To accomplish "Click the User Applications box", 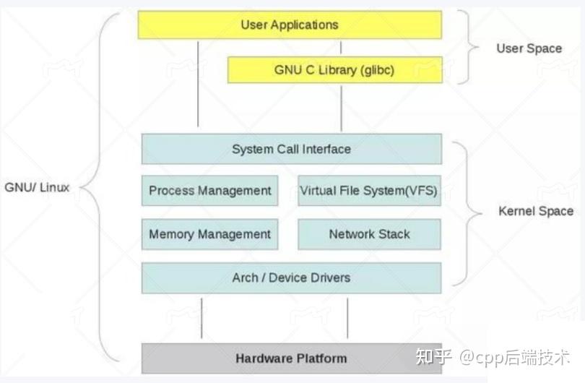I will [x=290, y=25].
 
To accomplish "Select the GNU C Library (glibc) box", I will [x=334, y=70].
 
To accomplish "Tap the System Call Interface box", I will [x=291, y=150].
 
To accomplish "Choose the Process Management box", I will [x=209, y=191].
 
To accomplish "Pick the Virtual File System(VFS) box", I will [x=368, y=191].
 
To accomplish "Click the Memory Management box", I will [x=209, y=234].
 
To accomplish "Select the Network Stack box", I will [x=368, y=234].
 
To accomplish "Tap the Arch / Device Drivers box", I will [x=291, y=277].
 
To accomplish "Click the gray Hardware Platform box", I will [x=291, y=358].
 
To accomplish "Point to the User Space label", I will [x=529, y=48].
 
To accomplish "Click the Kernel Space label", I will [x=535, y=211].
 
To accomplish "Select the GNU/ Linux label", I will [x=37, y=187].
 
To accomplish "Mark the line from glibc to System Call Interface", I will [x=341, y=108].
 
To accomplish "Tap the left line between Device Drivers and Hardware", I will [x=201, y=318].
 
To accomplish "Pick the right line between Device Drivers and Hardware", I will [x=347, y=318].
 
